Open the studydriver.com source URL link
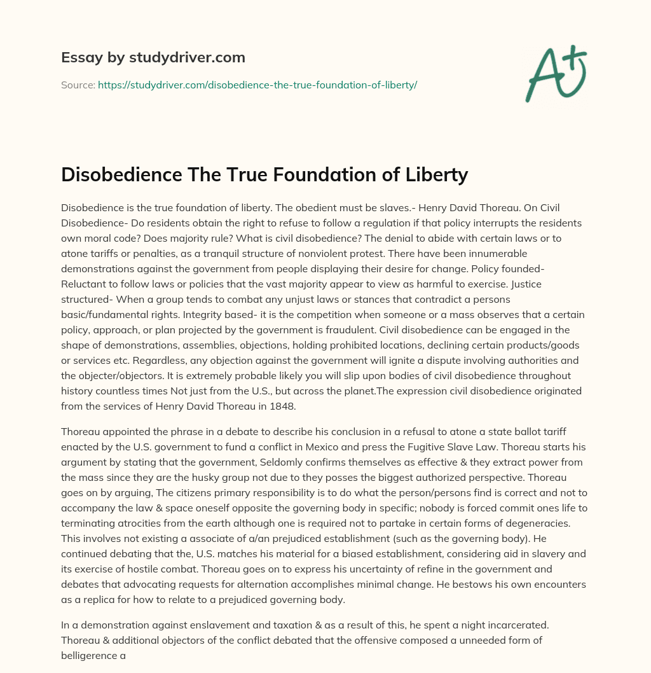coord(257,84)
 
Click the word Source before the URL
coord(78,84)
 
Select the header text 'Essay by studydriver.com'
coord(153,58)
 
